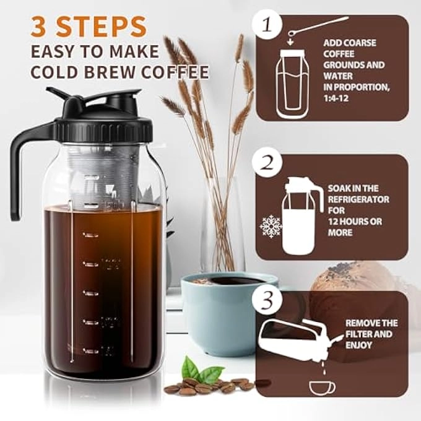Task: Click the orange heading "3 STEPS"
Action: pyautogui.click(x=87, y=25)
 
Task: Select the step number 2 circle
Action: pyautogui.click(x=266, y=163)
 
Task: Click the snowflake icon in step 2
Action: pyautogui.click(x=271, y=227)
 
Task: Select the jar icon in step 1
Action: pyautogui.click(x=295, y=84)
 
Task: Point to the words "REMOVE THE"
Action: pyautogui.click(x=371, y=323)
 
